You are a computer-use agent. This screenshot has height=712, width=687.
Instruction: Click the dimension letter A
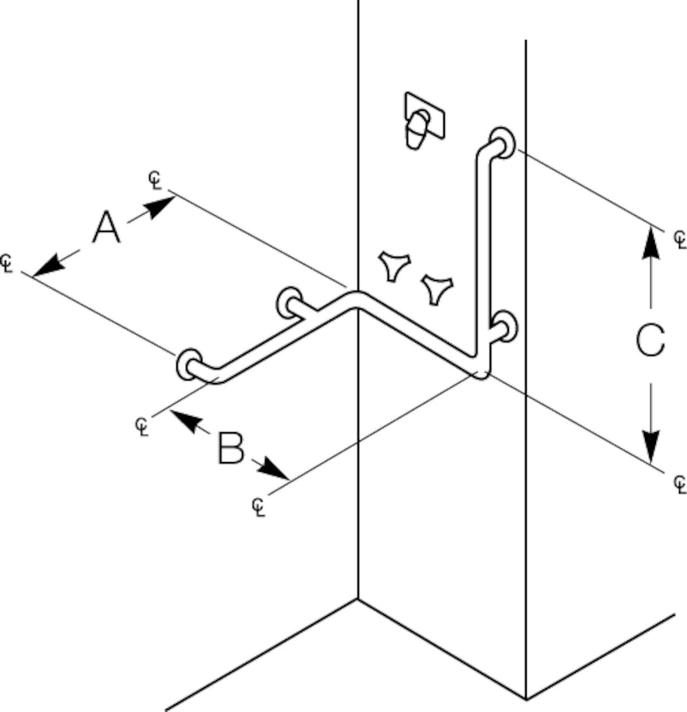106,227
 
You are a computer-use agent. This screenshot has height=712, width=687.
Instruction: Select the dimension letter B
231,448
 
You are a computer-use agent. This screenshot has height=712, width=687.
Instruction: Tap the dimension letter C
650,340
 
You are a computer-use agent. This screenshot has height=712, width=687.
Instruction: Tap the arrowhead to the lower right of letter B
276,469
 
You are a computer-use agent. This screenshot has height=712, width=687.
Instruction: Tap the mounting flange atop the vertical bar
503,142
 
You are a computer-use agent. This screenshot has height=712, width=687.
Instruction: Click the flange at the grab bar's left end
189,365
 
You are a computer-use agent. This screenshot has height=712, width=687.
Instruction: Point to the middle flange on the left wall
289,302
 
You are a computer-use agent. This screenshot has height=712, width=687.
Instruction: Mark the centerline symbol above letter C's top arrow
680,239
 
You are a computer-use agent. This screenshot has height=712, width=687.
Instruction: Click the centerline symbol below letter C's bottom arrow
680,483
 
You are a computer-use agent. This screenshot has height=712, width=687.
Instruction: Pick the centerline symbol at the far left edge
7,263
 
